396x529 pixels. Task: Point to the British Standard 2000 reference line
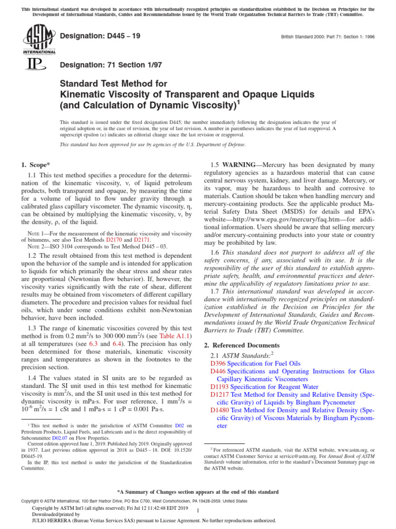pos(327,37)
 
